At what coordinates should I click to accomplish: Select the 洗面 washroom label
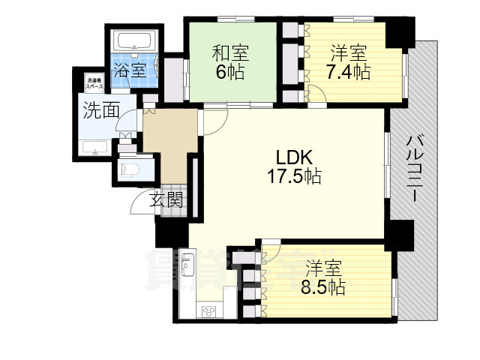(100, 111)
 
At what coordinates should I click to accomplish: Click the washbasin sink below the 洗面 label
(95, 148)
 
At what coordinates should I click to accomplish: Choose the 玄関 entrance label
(165, 199)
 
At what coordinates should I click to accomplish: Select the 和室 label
(229, 53)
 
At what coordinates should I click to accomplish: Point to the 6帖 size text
(229, 73)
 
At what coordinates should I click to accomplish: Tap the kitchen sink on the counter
(187, 267)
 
